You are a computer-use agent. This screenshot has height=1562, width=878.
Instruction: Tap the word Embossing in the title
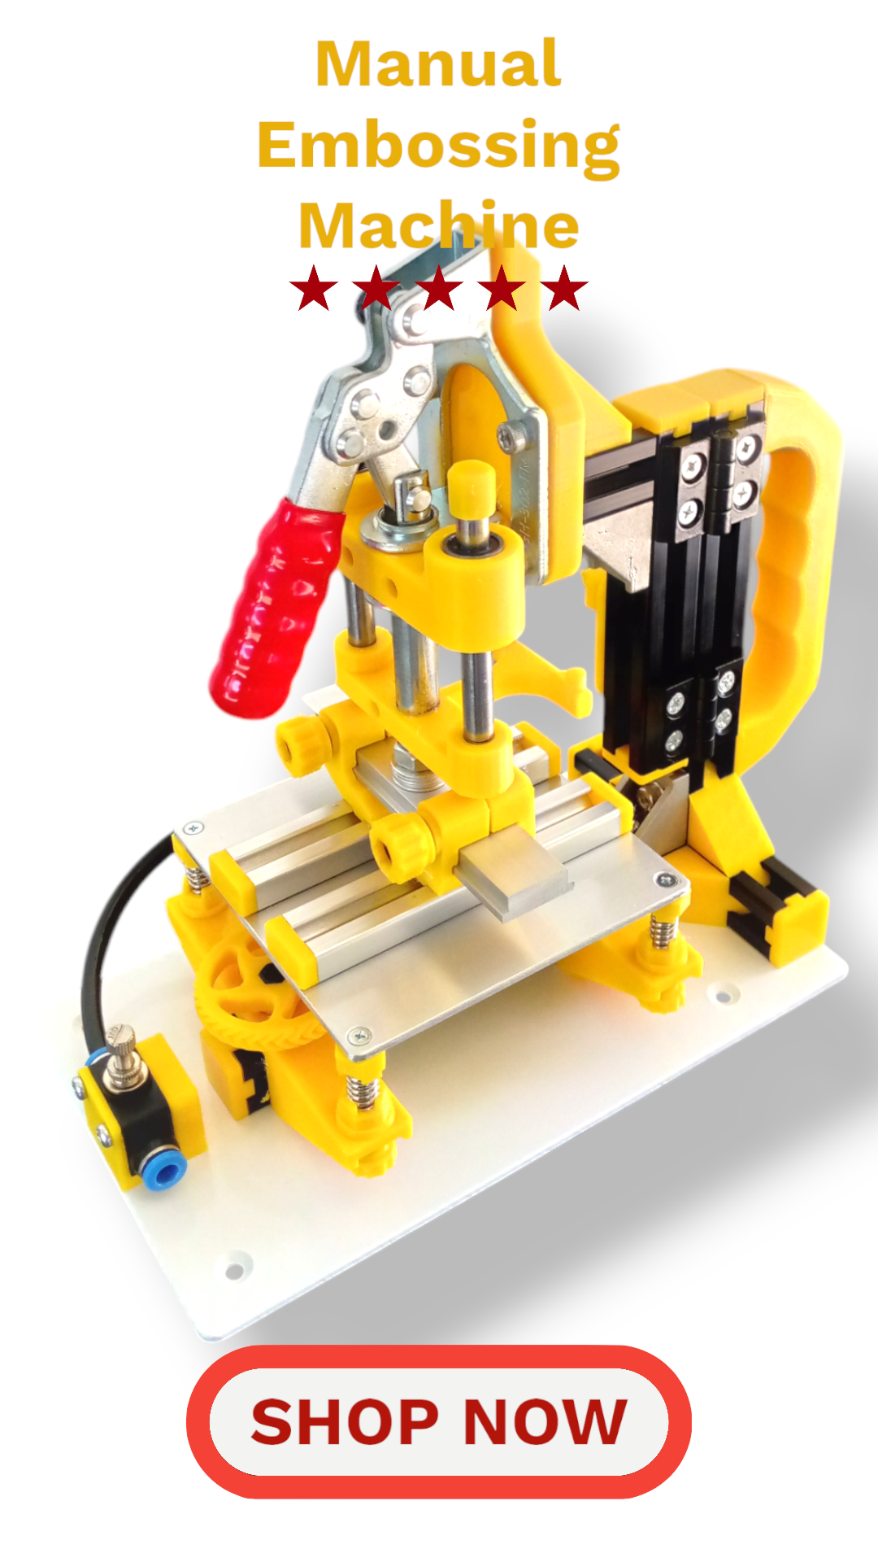[x=439, y=146]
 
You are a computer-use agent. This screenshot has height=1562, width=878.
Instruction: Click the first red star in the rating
[x=314, y=288]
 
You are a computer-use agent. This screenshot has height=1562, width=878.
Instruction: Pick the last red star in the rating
[x=564, y=288]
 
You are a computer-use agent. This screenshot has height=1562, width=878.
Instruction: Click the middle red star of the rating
[x=439, y=288]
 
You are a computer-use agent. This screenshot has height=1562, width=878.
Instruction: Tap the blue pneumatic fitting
[x=166, y=1171]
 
